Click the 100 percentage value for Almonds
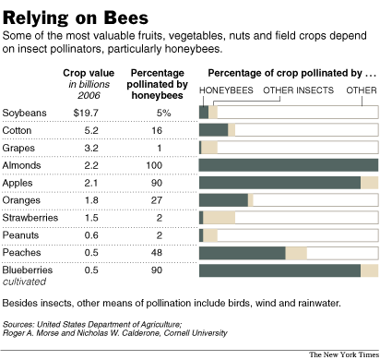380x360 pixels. pyautogui.click(x=159, y=165)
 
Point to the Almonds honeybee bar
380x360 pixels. pyautogui.click(x=288, y=165)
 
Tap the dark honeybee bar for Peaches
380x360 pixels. pyautogui.click(x=243, y=253)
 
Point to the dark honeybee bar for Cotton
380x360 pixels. pyautogui.click(x=213, y=130)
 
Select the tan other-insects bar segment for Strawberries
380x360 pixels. pyautogui.click(x=220, y=218)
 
